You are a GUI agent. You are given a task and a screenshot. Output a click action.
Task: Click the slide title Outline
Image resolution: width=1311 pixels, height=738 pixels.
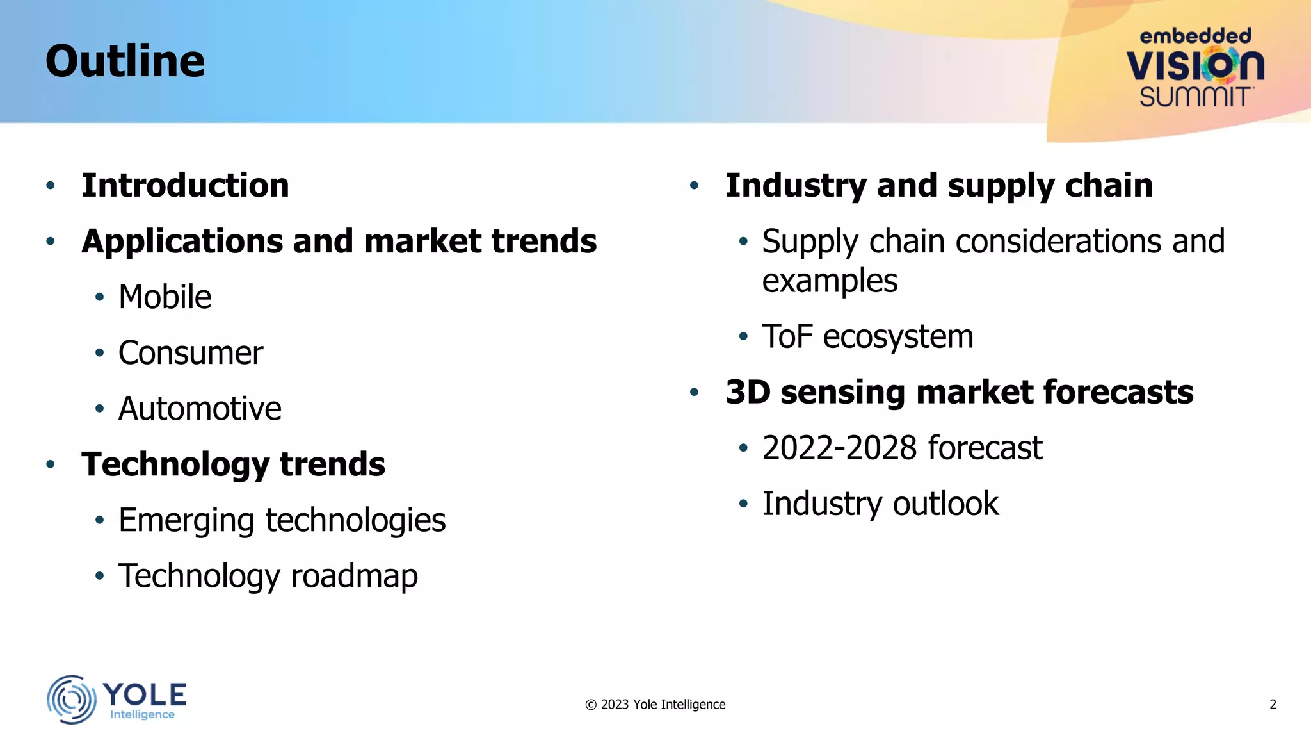pyautogui.click(x=125, y=61)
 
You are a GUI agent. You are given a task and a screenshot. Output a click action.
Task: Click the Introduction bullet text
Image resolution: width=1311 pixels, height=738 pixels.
pyautogui.click(x=185, y=186)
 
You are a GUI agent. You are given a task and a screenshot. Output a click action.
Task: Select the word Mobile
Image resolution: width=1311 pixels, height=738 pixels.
pyautogui.click(x=165, y=297)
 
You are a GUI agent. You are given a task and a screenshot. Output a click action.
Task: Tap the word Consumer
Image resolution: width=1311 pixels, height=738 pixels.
pyautogui.click(x=190, y=353)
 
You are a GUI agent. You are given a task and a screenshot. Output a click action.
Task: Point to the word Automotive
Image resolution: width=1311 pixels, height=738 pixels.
pyautogui.click(x=200, y=409)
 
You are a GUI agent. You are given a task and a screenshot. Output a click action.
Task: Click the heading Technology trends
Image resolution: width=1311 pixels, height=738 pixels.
pyautogui.click(x=233, y=464)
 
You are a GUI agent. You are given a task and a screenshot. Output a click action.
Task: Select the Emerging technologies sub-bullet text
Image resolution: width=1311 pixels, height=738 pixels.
pyautogui.click(x=282, y=520)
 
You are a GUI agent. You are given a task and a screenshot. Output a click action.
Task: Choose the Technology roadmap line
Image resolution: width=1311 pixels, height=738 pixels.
pyautogui.click(x=268, y=576)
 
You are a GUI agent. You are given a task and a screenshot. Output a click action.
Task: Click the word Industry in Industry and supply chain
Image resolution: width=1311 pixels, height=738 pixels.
pyautogui.click(x=795, y=186)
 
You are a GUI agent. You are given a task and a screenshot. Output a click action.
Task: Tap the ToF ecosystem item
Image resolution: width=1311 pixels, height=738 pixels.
pyautogui.click(x=867, y=337)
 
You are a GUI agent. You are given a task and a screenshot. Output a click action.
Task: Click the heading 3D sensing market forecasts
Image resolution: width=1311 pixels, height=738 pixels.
pyautogui.click(x=959, y=392)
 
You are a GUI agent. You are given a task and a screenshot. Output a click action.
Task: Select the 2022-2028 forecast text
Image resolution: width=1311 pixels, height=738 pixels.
pyautogui.click(x=902, y=448)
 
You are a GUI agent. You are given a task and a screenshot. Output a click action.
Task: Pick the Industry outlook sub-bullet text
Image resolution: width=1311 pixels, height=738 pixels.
pyautogui.click(x=880, y=504)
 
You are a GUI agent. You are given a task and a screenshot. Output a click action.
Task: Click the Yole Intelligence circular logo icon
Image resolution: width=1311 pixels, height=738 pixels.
pyautogui.click(x=71, y=699)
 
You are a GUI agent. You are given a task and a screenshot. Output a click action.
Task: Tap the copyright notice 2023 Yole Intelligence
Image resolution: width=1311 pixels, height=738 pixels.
pyautogui.click(x=655, y=705)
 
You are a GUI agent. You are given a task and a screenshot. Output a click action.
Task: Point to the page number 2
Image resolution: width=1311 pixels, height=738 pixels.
pyautogui.click(x=1273, y=705)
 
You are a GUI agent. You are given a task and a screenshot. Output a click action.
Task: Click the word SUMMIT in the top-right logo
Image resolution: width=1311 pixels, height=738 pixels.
pyautogui.click(x=1194, y=97)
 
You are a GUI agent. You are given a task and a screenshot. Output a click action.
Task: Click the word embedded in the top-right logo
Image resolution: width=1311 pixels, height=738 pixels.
pyautogui.click(x=1195, y=36)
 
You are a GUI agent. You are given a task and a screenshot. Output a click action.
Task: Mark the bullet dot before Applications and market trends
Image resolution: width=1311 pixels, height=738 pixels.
pyautogui.click(x=51, y=242)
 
